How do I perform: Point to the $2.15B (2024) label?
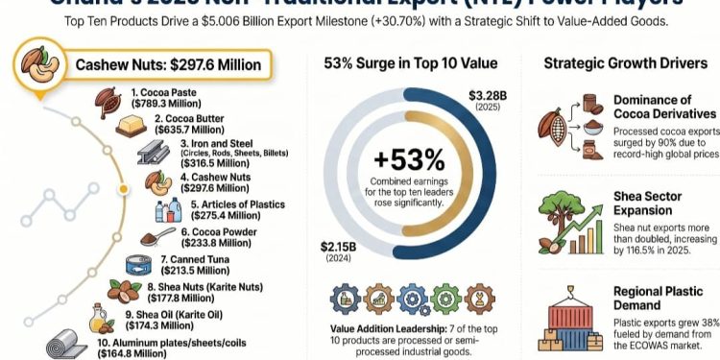coord(339,252)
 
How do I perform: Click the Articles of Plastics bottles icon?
coord(168,210)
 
